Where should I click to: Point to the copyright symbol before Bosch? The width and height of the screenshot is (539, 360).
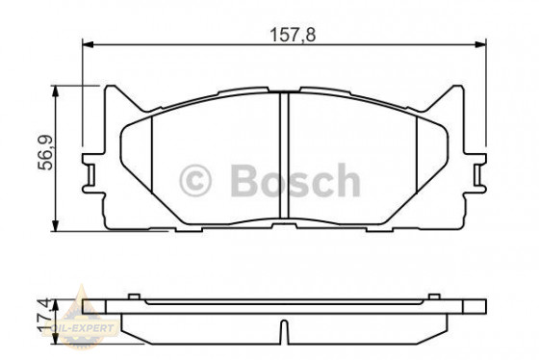[195, 180]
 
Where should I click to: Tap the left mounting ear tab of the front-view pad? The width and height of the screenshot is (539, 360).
[91, 173]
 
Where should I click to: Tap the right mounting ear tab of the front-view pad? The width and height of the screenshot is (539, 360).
[478, 173]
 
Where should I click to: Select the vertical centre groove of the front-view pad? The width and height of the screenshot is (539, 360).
[285, 159]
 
